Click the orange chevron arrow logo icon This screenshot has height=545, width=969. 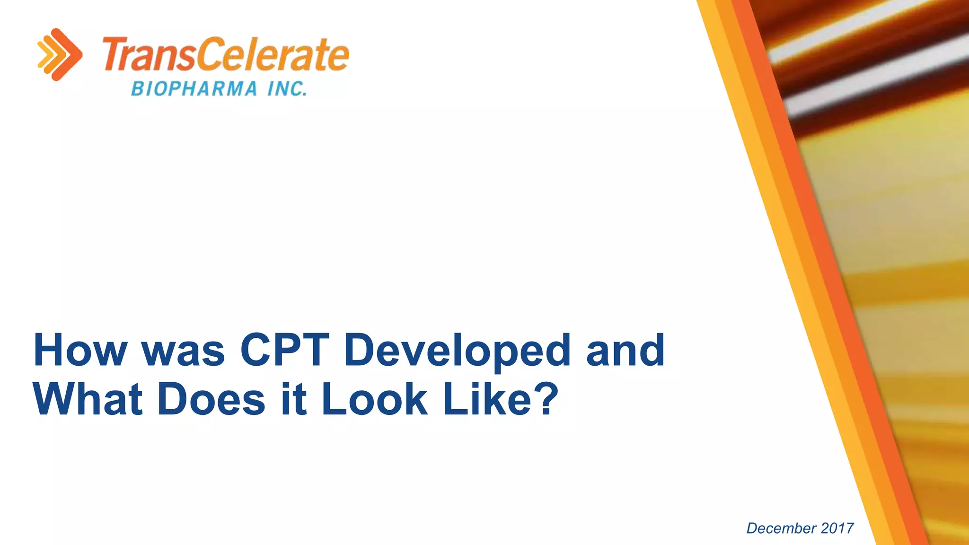pos(60,54)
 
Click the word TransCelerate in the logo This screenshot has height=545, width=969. pos(226,55)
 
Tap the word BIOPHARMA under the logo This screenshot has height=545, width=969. pos(194,89)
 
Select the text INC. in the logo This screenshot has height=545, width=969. pos(287,89)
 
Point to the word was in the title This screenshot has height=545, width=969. pos(184,351)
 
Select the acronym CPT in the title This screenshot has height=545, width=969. pos(285,351)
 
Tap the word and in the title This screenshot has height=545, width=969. pos(625,351)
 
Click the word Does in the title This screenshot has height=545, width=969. pos(211,400)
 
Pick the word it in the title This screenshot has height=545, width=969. pos(293,400)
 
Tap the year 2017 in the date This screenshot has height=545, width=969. pos(837,528)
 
